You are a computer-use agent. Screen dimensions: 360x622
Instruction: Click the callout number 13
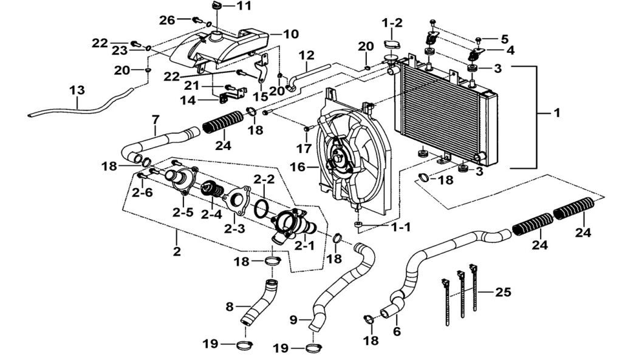tap(77, 90)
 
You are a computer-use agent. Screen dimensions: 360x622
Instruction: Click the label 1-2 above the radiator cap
tap(392, 22)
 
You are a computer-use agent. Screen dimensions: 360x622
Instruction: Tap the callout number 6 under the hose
tap(398, 331)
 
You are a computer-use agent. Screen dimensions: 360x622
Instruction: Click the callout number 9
tap(295, 319)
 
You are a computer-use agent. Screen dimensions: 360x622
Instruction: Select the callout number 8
tap(230, 307)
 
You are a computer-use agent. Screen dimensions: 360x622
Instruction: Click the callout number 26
tap(167, 21)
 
